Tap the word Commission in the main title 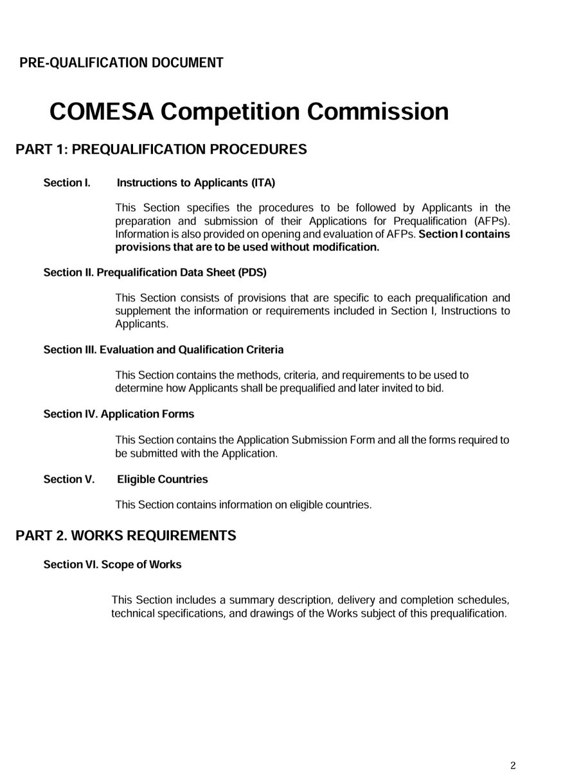pos(379,111)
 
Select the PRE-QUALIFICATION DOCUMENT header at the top pos(121,63)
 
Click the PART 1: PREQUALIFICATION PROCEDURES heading pos(161,150)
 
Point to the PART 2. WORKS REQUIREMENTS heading pos(126,535)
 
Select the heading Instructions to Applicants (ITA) pos(196,183)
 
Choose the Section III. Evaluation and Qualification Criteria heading pos(163,350)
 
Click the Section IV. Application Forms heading pos(118,414)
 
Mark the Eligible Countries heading pos(163,479)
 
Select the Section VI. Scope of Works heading pos(112,565)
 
